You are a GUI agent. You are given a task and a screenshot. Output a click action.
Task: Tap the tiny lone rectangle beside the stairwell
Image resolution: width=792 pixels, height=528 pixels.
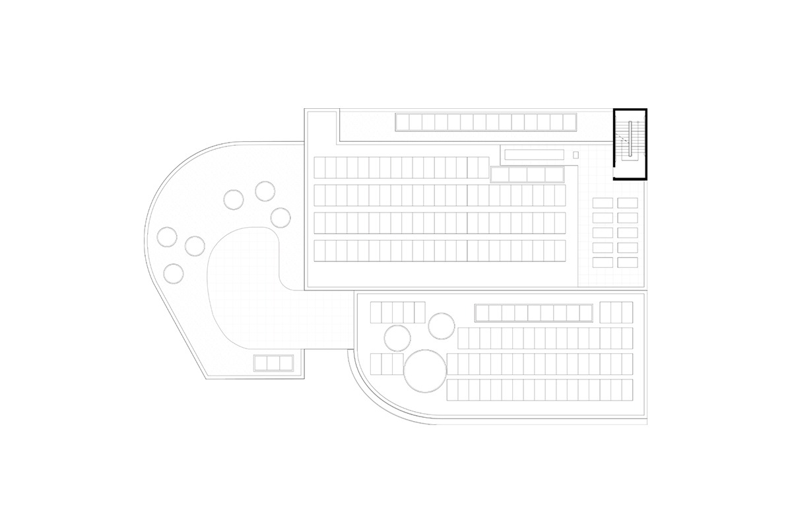coord(576,154)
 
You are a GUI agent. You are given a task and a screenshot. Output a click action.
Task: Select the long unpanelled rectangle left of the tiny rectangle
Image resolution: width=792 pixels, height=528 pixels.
coord(534,154)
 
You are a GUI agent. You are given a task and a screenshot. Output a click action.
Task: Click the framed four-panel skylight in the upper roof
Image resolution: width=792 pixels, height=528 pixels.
coord(527,174)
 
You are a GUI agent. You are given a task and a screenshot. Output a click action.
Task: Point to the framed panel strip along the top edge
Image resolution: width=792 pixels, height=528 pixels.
coord(486,122)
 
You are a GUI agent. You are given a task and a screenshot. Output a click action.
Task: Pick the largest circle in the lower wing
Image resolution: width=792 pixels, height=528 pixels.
coord(424,372)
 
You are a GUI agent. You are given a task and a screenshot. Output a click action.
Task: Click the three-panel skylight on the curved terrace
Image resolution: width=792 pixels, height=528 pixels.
coord(273,363)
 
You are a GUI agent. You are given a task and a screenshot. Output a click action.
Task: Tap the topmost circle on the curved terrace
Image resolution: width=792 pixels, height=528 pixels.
coord(265,191)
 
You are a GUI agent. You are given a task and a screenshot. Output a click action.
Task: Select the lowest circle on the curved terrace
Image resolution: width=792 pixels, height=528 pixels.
coord(174,273)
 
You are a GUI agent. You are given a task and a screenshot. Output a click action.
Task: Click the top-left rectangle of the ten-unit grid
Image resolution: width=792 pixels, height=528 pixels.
coord(603,203)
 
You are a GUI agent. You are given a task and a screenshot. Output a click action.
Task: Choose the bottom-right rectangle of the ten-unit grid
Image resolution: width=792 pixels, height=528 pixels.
coord(628,262)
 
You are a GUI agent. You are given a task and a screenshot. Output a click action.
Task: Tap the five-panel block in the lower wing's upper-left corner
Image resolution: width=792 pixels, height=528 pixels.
coord(397,312)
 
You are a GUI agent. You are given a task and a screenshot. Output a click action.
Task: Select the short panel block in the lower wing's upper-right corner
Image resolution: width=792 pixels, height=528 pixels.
coord(616,312)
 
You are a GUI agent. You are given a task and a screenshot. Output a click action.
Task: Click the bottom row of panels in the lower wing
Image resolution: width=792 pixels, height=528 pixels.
coord(539,389)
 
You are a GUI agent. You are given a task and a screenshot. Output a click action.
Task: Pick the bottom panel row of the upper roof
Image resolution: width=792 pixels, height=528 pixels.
coord(440,251)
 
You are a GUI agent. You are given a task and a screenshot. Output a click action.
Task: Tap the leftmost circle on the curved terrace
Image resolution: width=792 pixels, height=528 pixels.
coord(166,236)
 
